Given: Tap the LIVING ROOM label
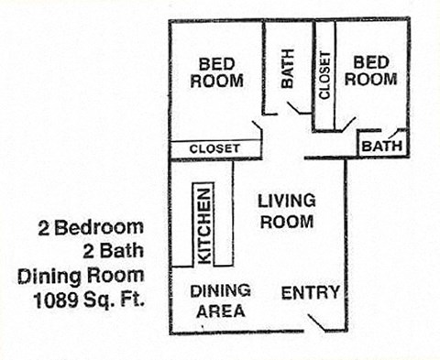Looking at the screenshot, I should pyautogui.click(x=286, y=211).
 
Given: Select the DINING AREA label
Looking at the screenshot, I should pyautogui.click(x=220, y=300).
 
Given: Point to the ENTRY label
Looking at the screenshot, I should pyautogui.click(x=311, y=293).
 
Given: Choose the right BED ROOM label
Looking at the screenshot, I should pyautogui.click(x=374, y=71).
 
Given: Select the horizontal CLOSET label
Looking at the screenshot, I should pyautogui.click(x=214, y=148).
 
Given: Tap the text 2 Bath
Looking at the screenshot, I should pyautogui.click(x=113, y=249).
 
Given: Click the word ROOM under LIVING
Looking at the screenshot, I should pyautogui.click(x=286, y=222).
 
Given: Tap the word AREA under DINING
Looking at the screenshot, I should pyautogui.click(x=220, y=311).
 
